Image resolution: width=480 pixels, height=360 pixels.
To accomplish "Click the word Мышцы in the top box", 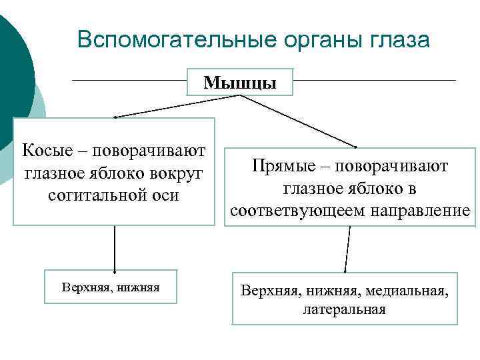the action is coord(239,83).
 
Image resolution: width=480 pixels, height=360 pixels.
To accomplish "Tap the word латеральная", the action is coord(344,309).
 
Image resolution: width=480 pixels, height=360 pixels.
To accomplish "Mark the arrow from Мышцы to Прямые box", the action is coord(300,121).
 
